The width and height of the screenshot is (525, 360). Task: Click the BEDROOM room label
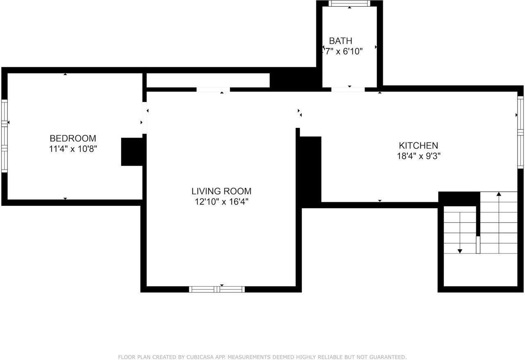point(73,138)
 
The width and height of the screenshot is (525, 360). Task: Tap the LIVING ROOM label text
point(221,191)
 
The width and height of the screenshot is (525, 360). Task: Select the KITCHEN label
point(418,145)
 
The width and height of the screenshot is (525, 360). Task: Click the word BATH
point(340,41)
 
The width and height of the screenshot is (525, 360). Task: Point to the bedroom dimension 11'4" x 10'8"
point(73,149)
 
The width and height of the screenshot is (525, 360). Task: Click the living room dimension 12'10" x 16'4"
point(221,202)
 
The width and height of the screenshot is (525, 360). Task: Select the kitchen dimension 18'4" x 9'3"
point(418,156)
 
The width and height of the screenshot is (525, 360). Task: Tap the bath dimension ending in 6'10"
point(343,51)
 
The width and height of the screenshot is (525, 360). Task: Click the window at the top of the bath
point(349,4)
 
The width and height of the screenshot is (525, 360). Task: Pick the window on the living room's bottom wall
point(217,289)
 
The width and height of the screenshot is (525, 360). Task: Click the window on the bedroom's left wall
point(5,135)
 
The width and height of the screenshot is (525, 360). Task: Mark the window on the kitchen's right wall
point(520,132)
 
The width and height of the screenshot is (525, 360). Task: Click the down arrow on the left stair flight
point(460,250)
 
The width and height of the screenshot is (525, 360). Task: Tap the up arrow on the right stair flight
point(499,194)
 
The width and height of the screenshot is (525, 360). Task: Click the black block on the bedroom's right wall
point(132,152)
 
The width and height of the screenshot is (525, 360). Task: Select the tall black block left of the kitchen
point(310,170)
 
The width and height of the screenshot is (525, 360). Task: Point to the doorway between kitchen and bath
point(348,89)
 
